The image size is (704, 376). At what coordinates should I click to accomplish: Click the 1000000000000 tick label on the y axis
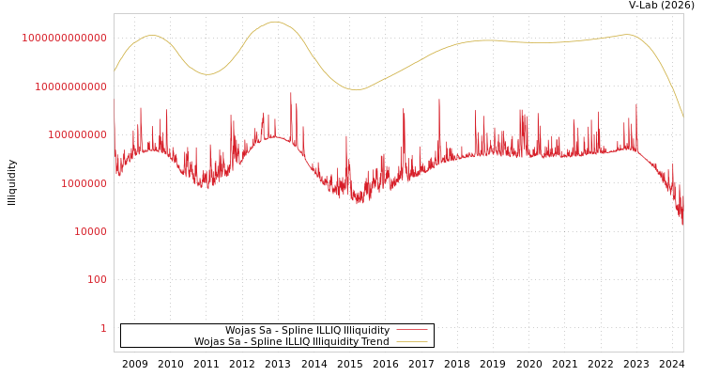pyautogui.click(x=65, y=38)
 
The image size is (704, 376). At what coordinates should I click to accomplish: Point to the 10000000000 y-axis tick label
pyautogui.click(x=69, y=86)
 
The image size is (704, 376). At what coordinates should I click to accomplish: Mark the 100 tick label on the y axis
pyautogui.click(x=97, y=280)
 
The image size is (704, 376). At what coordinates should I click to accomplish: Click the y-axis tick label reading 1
pyautogui.click(x=103, y=328)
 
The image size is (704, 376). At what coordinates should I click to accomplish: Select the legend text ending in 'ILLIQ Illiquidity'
pyautogui.click(x=307, y=330)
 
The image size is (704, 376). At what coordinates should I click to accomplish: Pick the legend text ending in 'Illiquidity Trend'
pyautogui.click(x=291, y=341)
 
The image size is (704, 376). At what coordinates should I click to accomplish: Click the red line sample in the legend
pyautogui.click(x=412, y=330)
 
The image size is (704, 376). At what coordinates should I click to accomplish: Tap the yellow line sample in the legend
pyautogui.click(x=412, y=341)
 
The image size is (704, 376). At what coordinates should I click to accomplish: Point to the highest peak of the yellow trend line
pyautogui.click(x=274, y=22)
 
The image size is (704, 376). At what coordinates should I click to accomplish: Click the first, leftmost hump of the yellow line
pyautogui.click(x=152, y=36)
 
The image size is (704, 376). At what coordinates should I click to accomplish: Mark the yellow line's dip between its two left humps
pyautogui.click(x=207, y=74)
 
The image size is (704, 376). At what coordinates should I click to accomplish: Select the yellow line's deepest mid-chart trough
pyautogui.click(x=356, y=90)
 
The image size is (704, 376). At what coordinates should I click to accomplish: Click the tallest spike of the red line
pyautogui.click(x=291, y=92)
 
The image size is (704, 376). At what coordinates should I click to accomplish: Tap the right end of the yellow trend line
pyautogui.click(x=682, y=116)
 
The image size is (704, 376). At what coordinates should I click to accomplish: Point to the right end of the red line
pyautogui.click(x=682, y=224)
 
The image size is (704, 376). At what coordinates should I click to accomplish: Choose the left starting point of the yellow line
pyautogui.click(x=115, y=71)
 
